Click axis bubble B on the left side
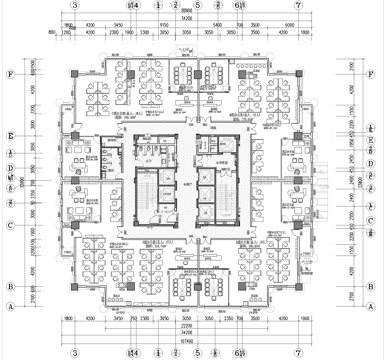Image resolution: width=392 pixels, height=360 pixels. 10,285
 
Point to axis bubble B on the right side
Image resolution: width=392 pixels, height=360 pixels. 381,285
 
